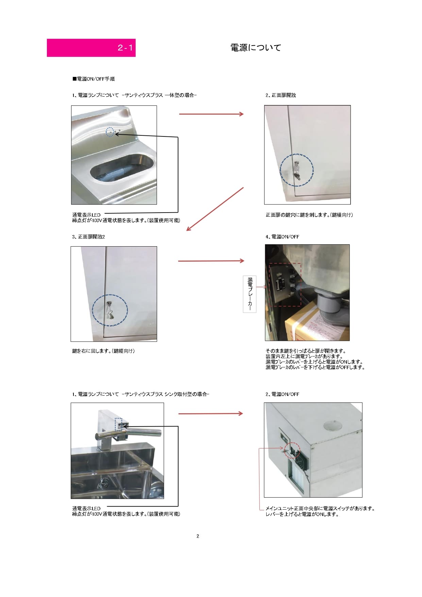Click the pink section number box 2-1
pyautogui.click(x=91, y=48)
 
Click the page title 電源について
pyautogui.click(x=256, y=48)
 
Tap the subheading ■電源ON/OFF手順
pyautogui.click(x=94, y=79)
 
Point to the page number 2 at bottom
pyautogui.click(x=198, y=536)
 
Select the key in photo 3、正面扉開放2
pyautogui.click(x=110, y=310)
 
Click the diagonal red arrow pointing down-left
pyautogui.click(x=215, y=209)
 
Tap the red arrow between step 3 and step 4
pyautogui.click(x=211, y=261)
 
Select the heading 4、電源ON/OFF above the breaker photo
pyautogui.click(x=282, y=237)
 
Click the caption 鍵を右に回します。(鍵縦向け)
pyautogui.click(x=103, y=351)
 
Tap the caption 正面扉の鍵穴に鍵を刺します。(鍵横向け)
pyautogui.click(x=309, y=215)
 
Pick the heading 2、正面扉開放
pyautogui.click(x=281, y=95)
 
